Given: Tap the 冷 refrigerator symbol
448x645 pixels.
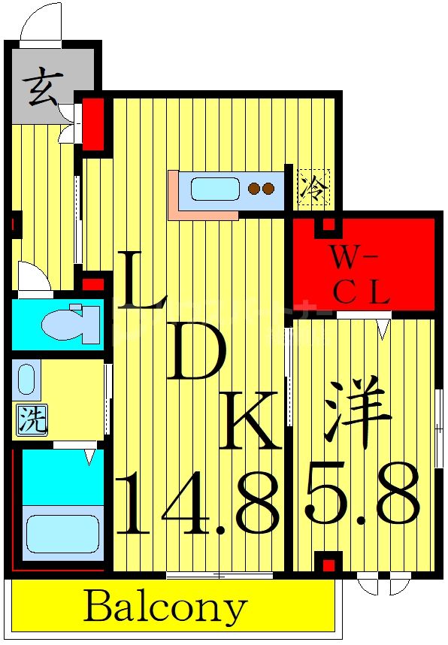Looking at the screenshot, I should point(310,186).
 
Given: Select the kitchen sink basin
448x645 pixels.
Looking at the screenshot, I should point(215,189).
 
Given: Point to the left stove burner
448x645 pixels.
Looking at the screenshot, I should point(254,189).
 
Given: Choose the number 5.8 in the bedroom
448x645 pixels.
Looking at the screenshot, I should point(362,496).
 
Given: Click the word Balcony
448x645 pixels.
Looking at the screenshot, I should point(165,607).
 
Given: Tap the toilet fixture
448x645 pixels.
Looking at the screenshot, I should point(70,323).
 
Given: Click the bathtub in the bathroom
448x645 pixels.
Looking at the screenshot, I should point(62,533).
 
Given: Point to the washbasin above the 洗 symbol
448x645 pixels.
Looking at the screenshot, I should point(27,380).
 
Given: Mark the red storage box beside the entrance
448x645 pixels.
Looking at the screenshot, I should point(93,123).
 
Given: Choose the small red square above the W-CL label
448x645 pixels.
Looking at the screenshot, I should point(328,223).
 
